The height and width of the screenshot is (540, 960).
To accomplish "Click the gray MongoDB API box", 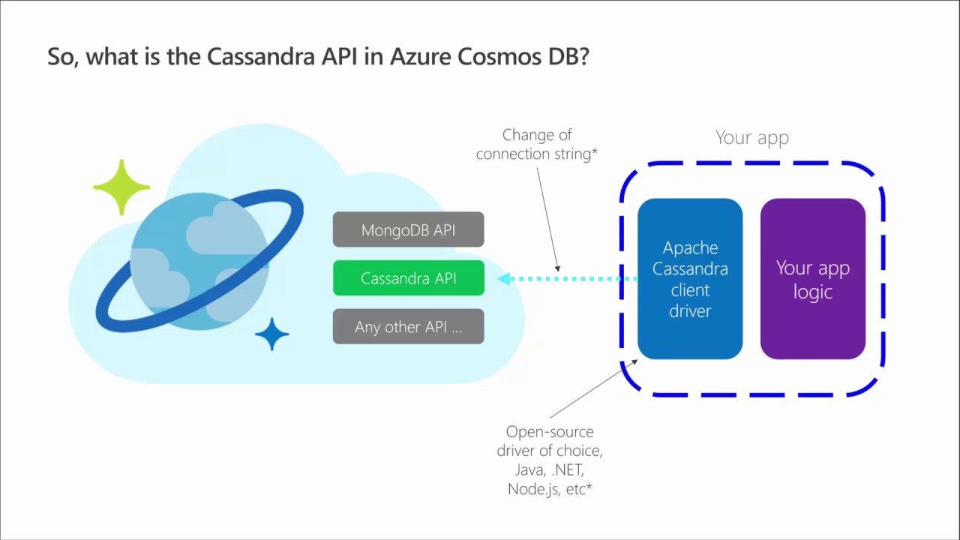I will click(408, 229).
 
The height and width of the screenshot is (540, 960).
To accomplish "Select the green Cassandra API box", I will click(408, 278).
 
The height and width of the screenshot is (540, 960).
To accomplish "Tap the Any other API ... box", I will click(408, 327).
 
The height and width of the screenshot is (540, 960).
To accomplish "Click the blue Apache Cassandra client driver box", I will click(690, 279).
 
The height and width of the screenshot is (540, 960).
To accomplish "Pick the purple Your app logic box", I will click(813, 279).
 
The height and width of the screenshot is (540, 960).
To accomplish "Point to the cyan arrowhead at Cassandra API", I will click(503, 278).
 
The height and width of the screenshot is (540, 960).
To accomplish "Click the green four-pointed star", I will click(121, 187).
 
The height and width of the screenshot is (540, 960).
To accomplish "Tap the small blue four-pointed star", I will click(271, 334).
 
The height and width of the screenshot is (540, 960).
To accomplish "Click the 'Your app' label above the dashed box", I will click(751, 137).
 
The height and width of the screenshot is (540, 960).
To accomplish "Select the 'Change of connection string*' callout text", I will click(536, 144).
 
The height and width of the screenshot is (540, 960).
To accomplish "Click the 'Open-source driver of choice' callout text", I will click(550, 441).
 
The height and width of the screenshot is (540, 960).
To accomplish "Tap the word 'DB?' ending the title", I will click(571, 58).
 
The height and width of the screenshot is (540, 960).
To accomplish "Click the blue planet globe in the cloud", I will click(199, 260).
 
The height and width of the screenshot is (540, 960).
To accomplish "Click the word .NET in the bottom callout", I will click(567, 470).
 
